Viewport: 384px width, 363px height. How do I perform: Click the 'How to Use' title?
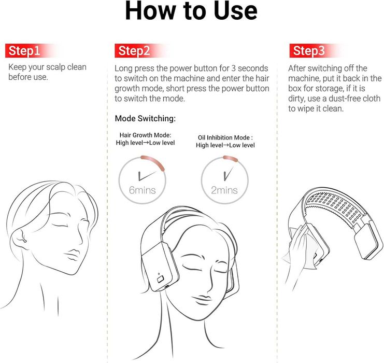pyautogui.click(x=191, y=11)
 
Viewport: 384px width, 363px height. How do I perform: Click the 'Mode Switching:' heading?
pyautogui.click(x=145, y=118)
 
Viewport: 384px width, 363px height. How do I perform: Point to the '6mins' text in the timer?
pyautogui.click(x=143, y=190)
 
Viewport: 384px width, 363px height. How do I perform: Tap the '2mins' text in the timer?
pyautogui.click(x=224, y=190)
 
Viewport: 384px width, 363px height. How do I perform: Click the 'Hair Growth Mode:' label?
pyautogui.click(x=145, y=135)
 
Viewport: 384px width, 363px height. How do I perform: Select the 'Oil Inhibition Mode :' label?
pyautogui.click(x=225, y=137)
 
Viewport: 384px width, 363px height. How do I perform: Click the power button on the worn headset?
pyautogui.click(x=160, y=279)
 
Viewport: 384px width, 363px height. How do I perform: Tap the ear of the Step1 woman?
pyautogui.click(x=19, y=238)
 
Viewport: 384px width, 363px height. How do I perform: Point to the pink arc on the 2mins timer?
pyautogui.click(x=230, y=159)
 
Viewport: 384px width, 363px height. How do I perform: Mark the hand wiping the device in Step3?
pyautogui.click(x=297, y=250)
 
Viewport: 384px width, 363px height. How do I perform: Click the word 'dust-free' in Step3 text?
pyautogui.click(x=344, y=99)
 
